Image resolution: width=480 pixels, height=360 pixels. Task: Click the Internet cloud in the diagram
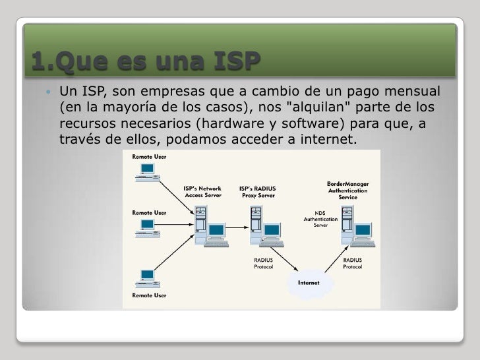click(310, 282)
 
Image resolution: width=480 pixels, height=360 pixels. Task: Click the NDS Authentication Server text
click(320, 219)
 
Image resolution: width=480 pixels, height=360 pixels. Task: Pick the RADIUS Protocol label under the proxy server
click(265, 264)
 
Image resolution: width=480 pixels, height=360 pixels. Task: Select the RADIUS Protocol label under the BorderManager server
click(353, 264)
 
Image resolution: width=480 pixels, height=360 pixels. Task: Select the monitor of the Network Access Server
click(216, 232)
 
